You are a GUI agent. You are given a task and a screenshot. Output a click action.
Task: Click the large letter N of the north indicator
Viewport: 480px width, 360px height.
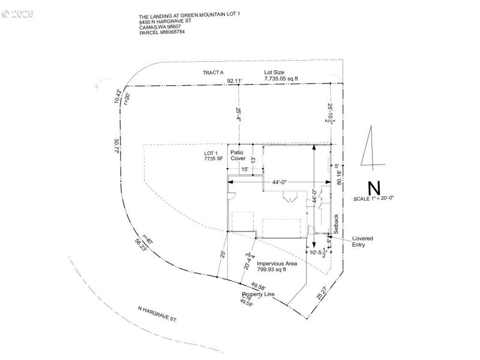point(374,187)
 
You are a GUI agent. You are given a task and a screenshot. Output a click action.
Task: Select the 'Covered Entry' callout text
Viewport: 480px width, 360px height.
point(362,241)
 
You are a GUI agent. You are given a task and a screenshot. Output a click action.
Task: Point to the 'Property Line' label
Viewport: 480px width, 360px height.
point(258,295)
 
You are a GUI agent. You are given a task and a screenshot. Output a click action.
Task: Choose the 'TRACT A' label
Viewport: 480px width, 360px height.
point(213,73)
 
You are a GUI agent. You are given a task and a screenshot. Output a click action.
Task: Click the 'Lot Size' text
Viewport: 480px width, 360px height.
point(274,73)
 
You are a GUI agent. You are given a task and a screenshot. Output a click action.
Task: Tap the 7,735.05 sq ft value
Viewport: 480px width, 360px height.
point(281,78)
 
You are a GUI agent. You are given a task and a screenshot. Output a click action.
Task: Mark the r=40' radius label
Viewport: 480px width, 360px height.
point(146,239)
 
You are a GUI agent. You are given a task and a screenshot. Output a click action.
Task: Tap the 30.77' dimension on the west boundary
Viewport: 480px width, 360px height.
point(118,146)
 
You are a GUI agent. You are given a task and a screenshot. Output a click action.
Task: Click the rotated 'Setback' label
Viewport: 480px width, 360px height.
point(336,223)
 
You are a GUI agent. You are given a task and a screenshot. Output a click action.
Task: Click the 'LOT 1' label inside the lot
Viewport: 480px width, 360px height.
point(212,154)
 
